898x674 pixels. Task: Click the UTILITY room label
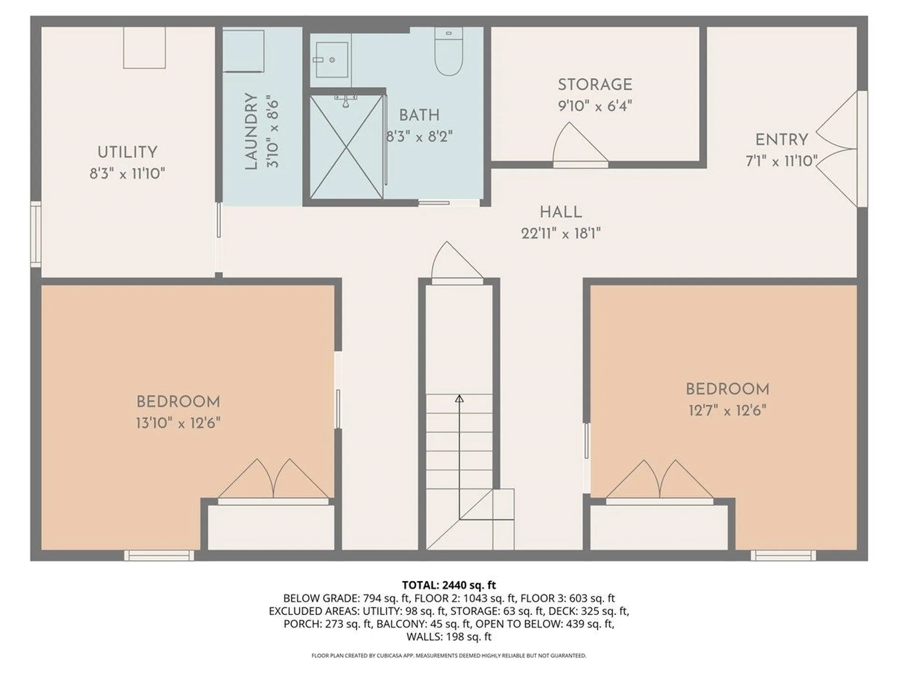point(127,152)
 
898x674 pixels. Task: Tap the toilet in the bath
point(449,52)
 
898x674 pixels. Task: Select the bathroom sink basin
point(332,60)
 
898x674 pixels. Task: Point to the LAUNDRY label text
point(251,132)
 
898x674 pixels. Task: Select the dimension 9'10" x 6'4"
point(595,106)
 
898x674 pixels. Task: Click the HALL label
point(561,212)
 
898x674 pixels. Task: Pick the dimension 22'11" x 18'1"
point(561,233)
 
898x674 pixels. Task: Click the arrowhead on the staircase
point(459,399)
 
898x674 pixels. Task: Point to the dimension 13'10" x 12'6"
point(178,423)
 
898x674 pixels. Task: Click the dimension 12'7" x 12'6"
point(727,410)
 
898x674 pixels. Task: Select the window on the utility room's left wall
point(36,234)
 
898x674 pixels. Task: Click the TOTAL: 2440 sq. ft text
point(449,585)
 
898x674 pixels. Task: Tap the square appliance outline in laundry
point(243,51)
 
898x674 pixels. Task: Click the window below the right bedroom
point(783,555)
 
